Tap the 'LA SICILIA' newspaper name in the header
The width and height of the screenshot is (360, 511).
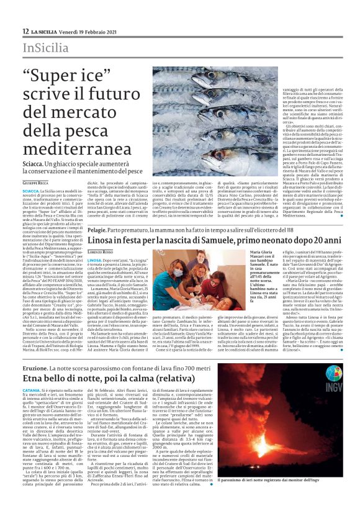(x=45, y=31)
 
